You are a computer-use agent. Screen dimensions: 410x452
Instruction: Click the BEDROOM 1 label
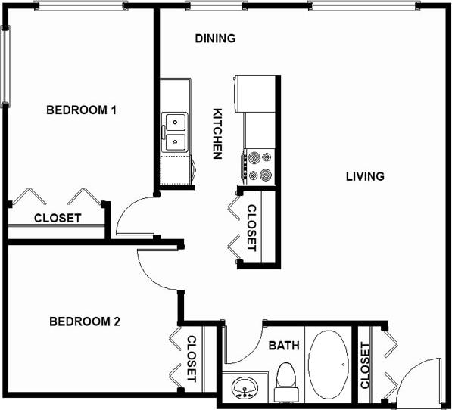click(81, 110)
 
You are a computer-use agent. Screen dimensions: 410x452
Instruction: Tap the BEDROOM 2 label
click(85, 321)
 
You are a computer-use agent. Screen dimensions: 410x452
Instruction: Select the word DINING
click(215, 39)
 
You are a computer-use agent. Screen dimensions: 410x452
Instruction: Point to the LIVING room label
click(365, 177)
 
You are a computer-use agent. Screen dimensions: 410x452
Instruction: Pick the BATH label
click(284, 346)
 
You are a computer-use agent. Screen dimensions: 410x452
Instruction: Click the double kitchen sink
click(175, 132)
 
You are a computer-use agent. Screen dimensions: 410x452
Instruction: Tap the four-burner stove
click(259, 166)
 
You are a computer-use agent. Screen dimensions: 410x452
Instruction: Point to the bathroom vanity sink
click(245, 388)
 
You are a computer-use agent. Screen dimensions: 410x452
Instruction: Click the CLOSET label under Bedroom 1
click(58, 218)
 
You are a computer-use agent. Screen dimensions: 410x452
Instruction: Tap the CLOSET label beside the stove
click(251, 228)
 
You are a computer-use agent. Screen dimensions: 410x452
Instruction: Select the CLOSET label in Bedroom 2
click(192, 358)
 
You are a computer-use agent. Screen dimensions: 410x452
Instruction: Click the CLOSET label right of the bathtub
click(366, 365)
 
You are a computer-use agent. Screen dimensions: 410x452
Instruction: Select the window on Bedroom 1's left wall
click(5, 66)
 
